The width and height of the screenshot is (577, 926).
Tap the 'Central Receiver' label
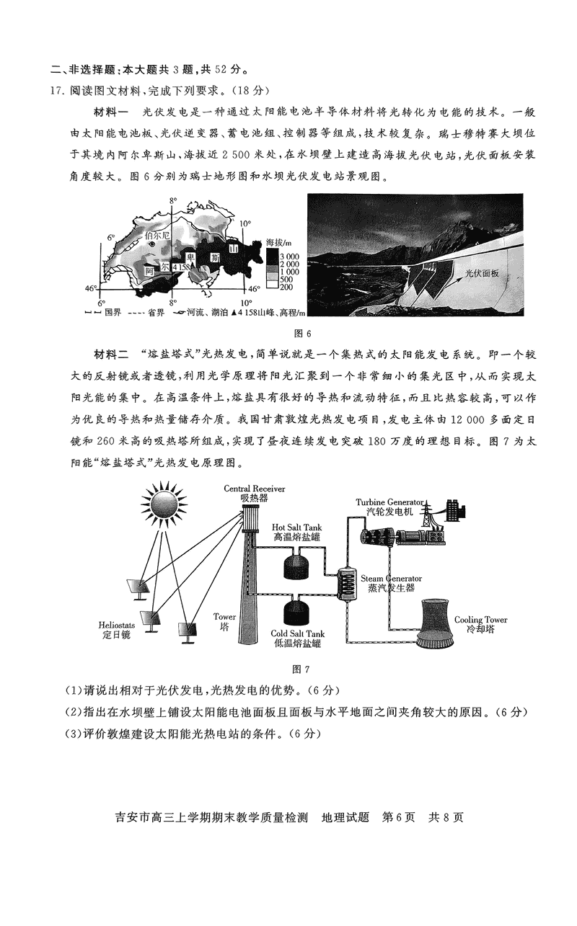pos(254,489)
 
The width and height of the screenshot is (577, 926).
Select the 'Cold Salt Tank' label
pos(298,633)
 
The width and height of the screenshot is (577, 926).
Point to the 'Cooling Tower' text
pos(480,620)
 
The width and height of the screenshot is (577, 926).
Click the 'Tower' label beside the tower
pos(224,617)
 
